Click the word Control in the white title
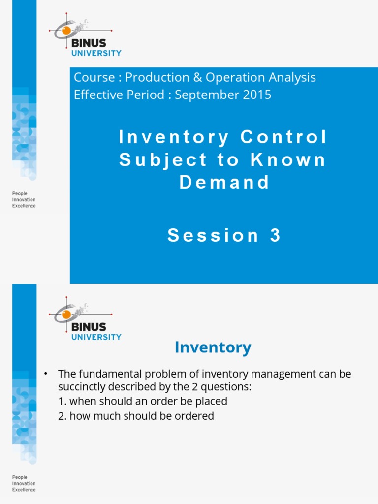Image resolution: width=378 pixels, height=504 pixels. (x=283, y=138)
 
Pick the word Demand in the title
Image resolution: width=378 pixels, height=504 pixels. (x=224, y=182)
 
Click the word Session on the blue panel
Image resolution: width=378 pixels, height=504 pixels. (x=213, y=235)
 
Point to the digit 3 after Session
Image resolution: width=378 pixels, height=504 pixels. (x=275, y=235)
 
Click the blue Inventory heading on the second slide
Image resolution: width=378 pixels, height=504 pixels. (x=213, y=347)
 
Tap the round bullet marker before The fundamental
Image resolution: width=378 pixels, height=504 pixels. (x=45, y=374)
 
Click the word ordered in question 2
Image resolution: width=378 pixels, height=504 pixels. (x=196, y=416)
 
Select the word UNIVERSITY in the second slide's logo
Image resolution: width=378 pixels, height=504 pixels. (x=96, y=337)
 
